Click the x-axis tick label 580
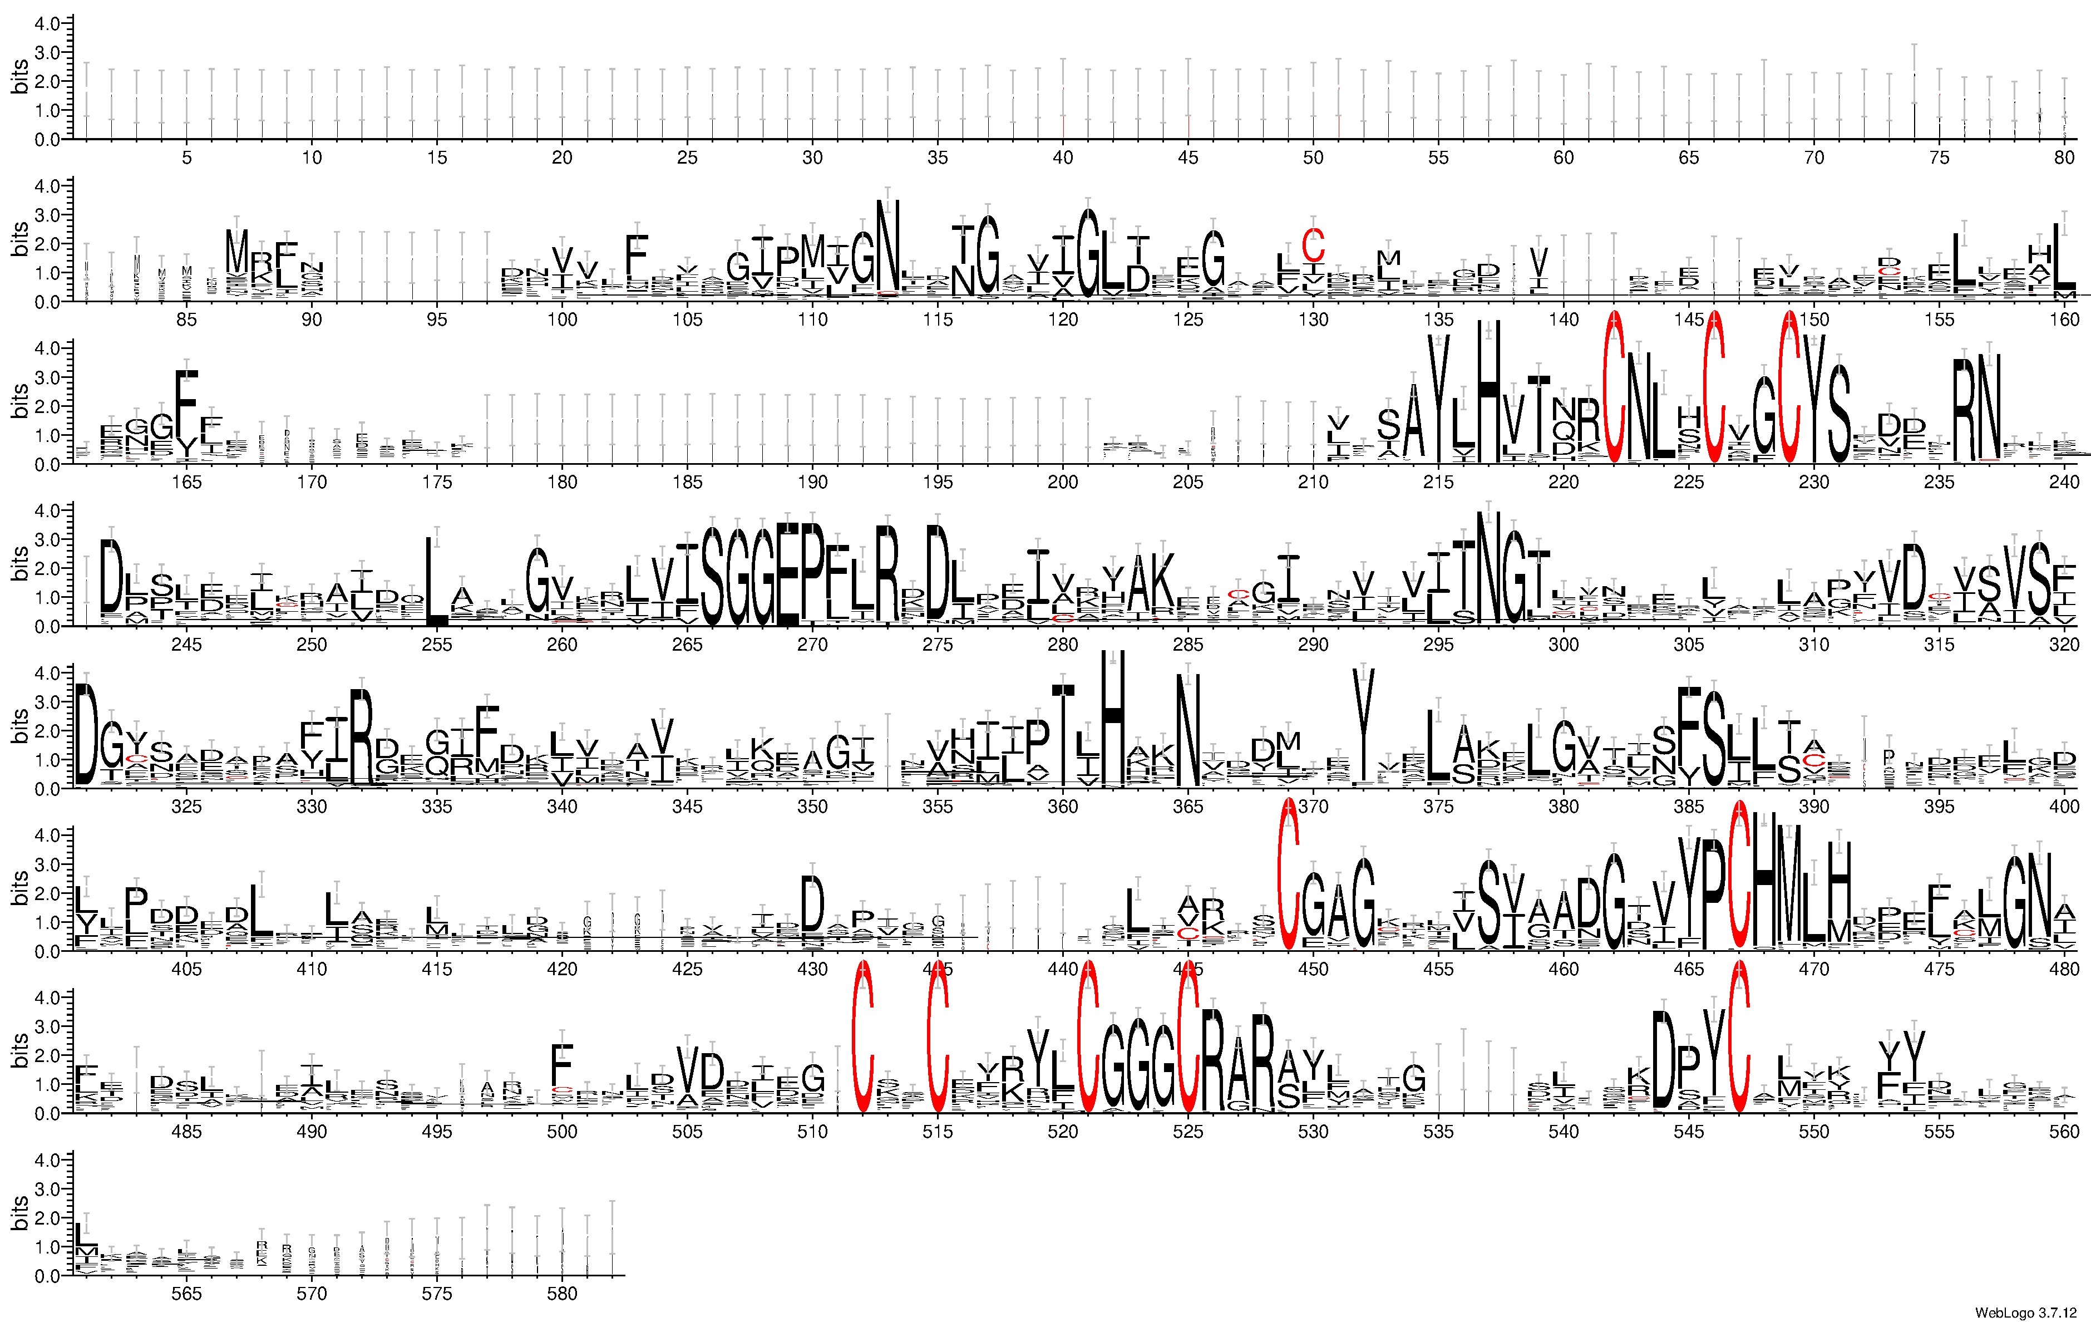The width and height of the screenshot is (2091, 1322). [x=562, y=1294]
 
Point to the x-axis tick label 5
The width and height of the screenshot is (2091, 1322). [x=187, y=157]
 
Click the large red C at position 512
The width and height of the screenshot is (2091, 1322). [x=862, y=1038]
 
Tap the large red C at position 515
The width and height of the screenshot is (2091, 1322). [x=938, y=1038]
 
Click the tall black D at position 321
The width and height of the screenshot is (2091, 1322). [x=86, y=734]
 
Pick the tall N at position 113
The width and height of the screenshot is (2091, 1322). [x=887, y=248]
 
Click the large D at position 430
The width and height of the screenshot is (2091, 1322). [x=812, y=903]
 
